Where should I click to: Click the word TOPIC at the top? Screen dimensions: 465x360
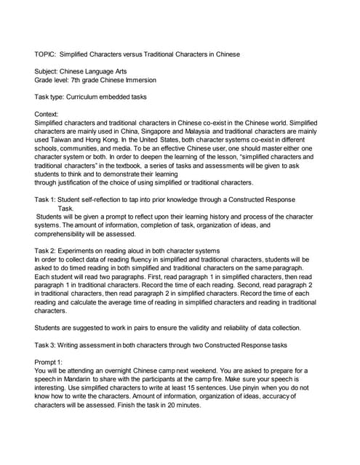point(45,54)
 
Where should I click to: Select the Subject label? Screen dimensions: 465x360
point(48,71)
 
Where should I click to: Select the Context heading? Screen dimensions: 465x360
point(48,114)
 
